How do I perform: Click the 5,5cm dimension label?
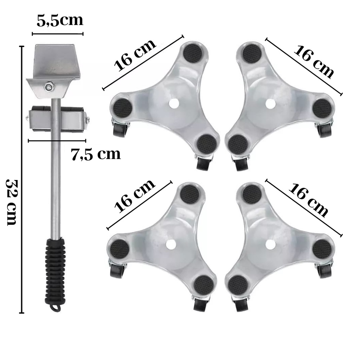pos(60,21)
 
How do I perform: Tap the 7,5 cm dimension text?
pos(96,154)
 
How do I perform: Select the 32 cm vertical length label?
pos(12,202)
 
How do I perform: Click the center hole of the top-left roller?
pos(174,104)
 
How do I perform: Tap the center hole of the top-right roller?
pos(270,104)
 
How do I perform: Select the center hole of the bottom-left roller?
pos(171,244)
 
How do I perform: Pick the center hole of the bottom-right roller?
pos(270,244)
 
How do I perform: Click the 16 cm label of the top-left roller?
pos(135,55)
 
